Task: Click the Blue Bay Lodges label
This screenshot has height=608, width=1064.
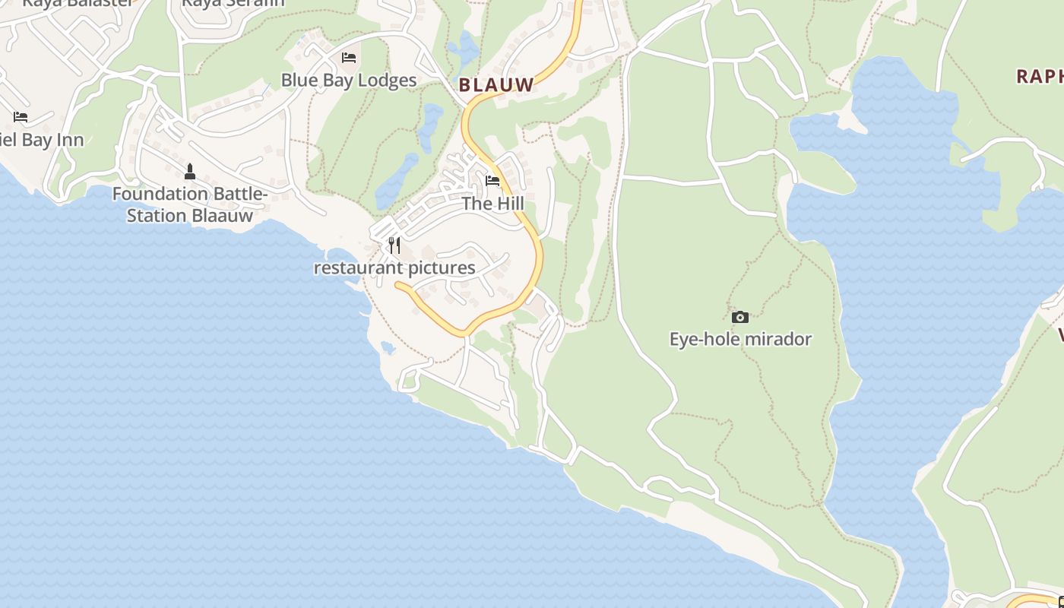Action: click(349, 80)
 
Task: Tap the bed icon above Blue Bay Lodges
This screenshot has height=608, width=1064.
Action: click(349, 58)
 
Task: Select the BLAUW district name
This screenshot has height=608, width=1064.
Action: click(497, 85)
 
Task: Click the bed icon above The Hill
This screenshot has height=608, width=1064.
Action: click(492, 181)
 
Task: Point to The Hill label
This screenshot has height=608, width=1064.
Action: click(493, 204)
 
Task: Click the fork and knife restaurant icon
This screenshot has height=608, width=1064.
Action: click(394, 245)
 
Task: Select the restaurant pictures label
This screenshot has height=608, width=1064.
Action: click(394, 268)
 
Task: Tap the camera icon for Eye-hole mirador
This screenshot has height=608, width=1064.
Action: click(739, 317)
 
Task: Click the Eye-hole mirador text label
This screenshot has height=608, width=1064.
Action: click(740, 339)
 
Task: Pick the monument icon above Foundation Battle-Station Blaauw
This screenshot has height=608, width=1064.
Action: click(190, 172)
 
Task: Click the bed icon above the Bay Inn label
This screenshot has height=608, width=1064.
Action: click(21, 117)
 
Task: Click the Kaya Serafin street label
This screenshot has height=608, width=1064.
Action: click(233, 3)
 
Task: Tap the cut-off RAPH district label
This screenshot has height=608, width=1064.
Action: click(1040, 76)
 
